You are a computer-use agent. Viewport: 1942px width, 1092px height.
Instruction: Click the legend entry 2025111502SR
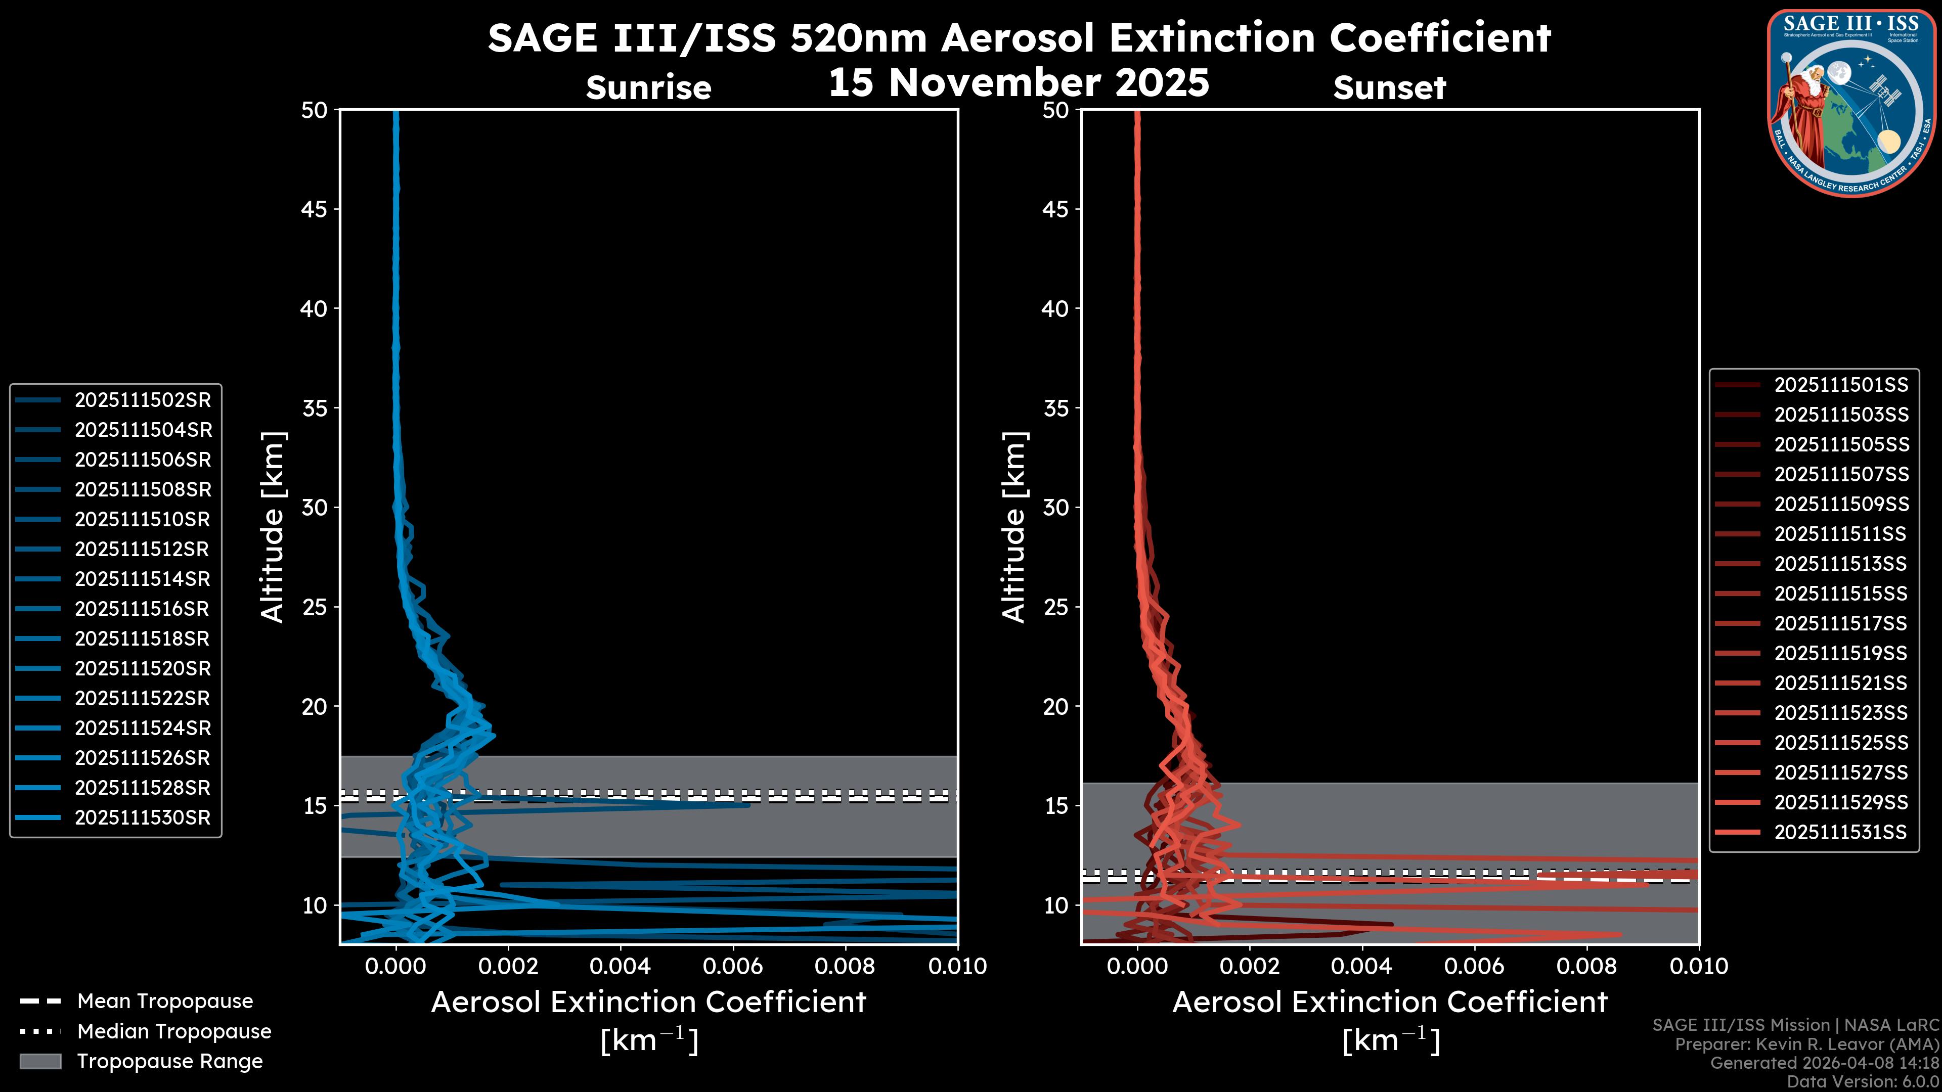coord(143,400)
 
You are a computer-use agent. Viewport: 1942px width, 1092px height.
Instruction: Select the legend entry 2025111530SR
coord(143,817)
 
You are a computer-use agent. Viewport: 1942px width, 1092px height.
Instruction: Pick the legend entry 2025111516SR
coord(143,609)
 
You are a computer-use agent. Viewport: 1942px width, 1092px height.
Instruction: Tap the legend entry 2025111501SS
coord(1840,385)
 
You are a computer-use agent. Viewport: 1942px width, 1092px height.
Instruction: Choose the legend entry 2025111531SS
coord(1840,832)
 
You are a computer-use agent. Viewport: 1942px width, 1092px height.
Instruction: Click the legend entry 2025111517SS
coord(1840,623)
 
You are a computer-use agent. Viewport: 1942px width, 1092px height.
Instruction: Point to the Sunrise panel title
coord(648,88)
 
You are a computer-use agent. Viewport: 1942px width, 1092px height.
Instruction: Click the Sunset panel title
coord(1389,88)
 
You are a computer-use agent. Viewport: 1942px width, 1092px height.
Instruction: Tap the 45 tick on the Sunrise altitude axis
coord(314,209)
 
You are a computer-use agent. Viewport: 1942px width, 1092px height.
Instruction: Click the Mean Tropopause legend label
coord(165,1002)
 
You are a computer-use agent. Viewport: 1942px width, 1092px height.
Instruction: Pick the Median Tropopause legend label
coord(174,1032)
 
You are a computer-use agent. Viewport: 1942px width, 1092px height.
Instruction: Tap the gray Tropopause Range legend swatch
coord(40,1062)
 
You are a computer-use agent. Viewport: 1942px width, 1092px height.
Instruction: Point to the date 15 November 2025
coord(1019,82)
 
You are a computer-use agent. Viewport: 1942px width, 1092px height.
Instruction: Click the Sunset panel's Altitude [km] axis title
coord(1014,527)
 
